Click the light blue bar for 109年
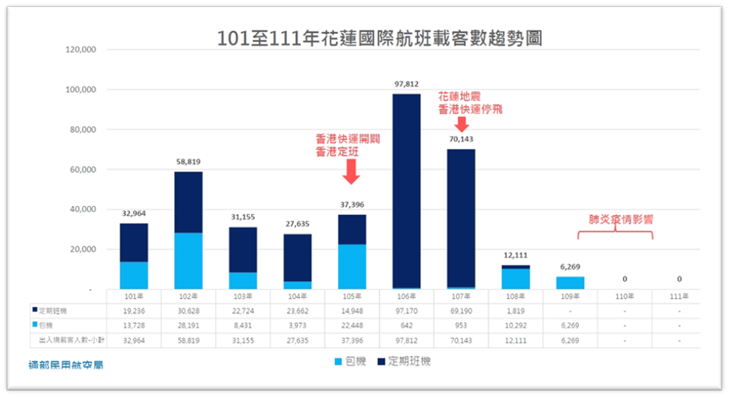[x=570, y=282]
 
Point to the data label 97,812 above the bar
[x=407, y=84]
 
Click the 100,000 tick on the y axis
[x=80, y=90]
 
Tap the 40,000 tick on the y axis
[x=82, y=209]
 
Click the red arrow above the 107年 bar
[x=462, y=124]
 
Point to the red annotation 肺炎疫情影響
[x=621, y=219]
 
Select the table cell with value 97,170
[x=407, y=310]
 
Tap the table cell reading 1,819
[x=517, y=310]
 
